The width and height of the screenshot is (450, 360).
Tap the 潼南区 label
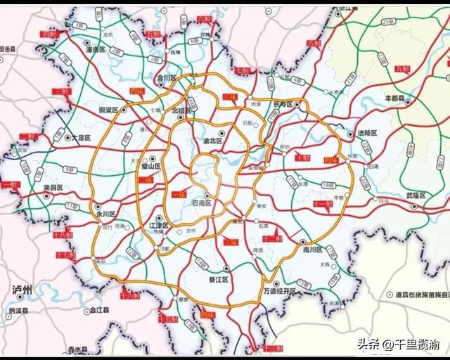coord(96,51)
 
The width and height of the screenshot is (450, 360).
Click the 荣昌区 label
coord(53,188)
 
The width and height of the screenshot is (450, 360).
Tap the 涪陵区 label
coord(367,134)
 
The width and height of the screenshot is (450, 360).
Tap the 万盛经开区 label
coord(281,290)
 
